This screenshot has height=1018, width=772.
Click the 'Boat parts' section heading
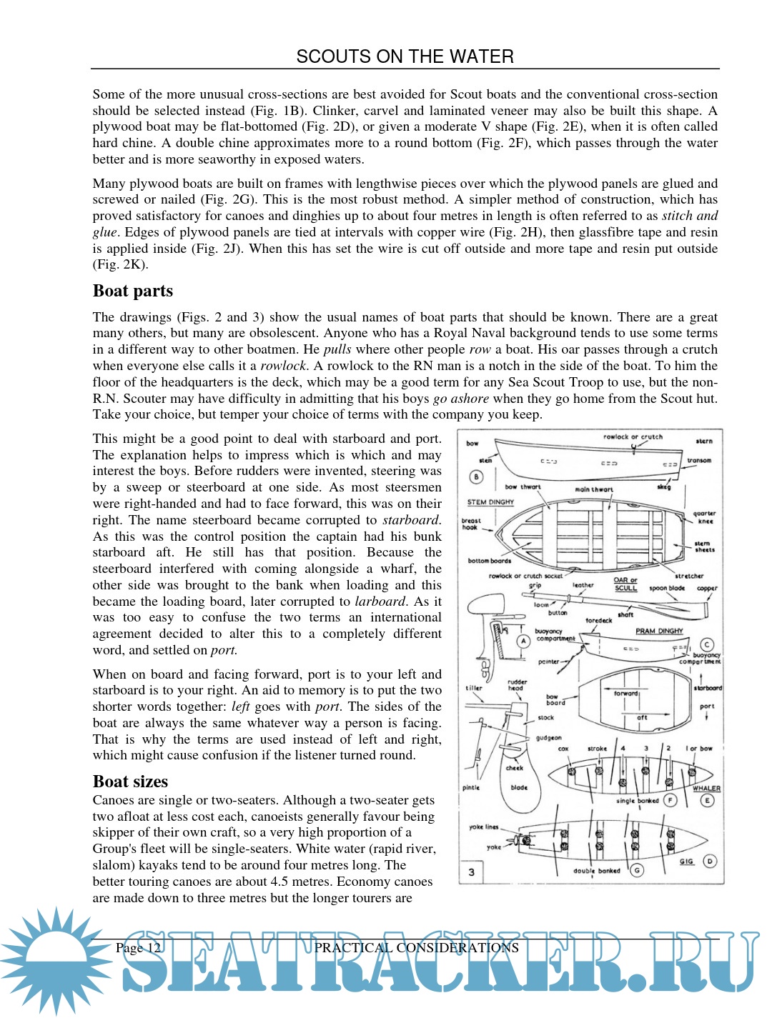coord(133,291)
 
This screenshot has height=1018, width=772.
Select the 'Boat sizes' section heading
coord(130,782)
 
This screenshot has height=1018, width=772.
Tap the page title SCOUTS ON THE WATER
coord(405,56)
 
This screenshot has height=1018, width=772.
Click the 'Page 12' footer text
coord(139,948)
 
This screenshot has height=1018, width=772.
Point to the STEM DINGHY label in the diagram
coord(490,502)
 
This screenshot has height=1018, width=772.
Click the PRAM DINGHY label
coord(659,632)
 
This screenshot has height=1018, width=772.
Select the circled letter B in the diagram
coord(476,477)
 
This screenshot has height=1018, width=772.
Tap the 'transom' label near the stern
coord(699,461)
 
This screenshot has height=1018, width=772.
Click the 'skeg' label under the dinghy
coord(664,487)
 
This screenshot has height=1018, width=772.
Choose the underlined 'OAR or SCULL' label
coord(625,584)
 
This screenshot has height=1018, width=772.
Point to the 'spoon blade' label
coord(667,589)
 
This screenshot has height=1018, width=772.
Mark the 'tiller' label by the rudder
coord(473,689)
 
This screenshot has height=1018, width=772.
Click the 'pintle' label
coord(471,788)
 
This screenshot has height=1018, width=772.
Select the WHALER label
coord(706,789)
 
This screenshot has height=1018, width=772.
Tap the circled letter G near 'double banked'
coord(636,869)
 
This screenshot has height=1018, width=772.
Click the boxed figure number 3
coord(471,872)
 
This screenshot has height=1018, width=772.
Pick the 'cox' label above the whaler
coord(563,749)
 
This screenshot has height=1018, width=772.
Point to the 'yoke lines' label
coord(483,827)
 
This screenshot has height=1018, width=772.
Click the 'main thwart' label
coord(594,490)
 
